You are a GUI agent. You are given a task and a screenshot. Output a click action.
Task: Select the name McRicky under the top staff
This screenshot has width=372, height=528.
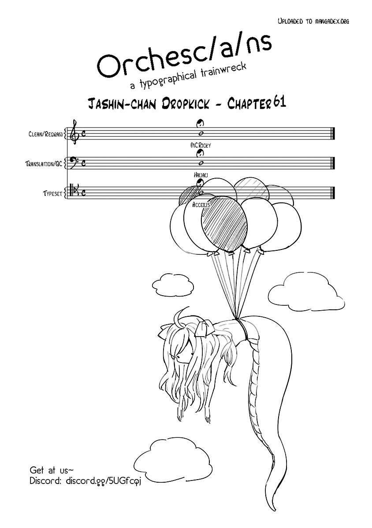point(200,144)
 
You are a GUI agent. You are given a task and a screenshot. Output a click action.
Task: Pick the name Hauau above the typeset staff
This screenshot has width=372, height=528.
point(199,175)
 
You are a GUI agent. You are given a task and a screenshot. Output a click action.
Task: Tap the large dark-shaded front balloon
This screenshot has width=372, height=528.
point(224,222)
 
